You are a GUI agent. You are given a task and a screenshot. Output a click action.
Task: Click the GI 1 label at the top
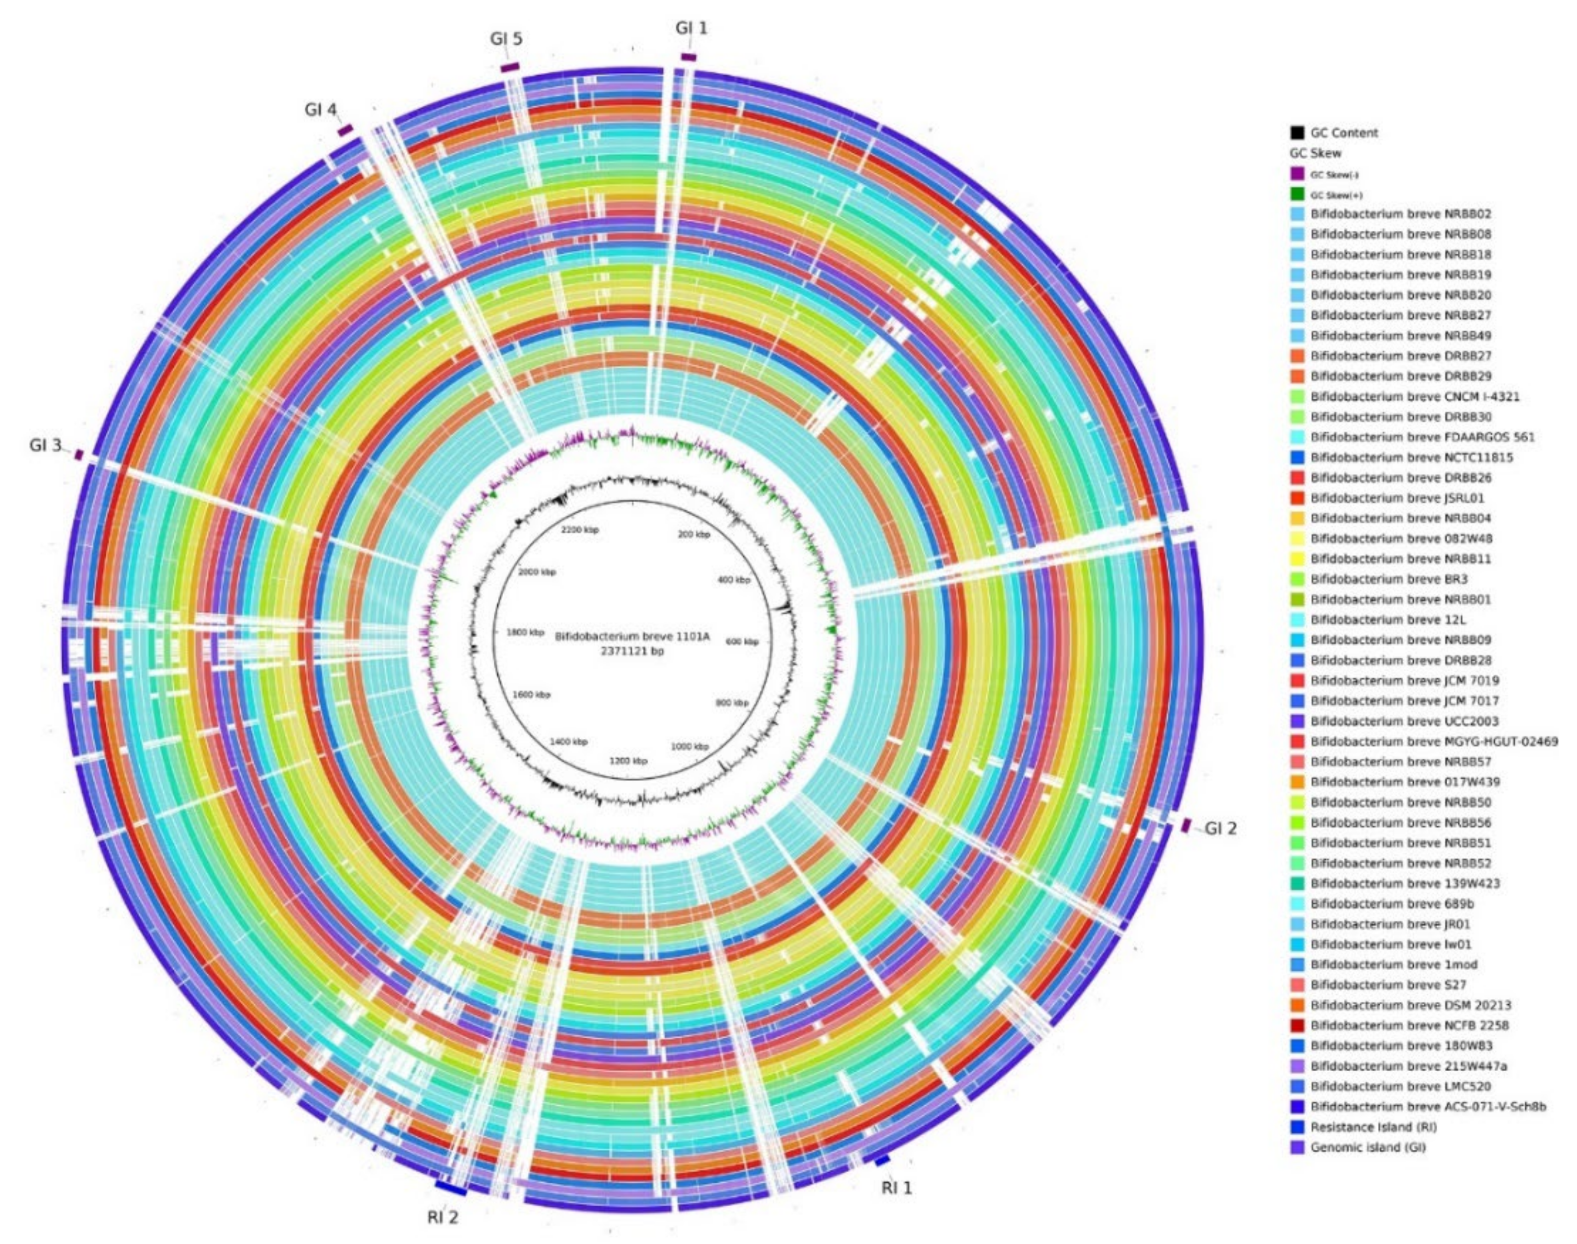(x=691, y=28)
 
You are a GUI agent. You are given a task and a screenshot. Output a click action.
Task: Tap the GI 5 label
(x=506, y=39)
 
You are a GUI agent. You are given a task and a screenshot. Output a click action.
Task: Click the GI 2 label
(x=1220, y=828)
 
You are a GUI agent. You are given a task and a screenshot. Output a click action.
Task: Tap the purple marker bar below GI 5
(x=510, y=67)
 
